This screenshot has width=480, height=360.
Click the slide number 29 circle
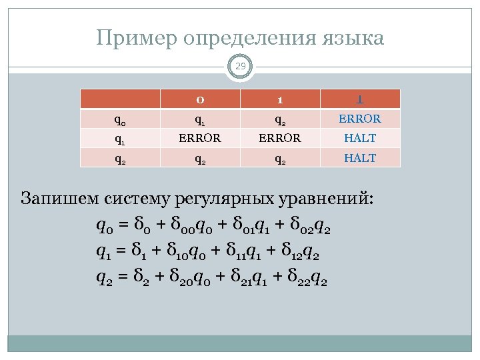(x=240, y=67)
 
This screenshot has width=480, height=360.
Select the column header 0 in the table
(x=200, y=99)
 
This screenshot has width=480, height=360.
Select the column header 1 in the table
(x=280, y=99)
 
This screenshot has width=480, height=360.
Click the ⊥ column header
(x=360, y=99)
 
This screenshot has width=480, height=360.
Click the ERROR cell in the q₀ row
(x=360, y=119)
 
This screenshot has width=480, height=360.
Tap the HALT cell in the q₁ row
(x=360, y=139)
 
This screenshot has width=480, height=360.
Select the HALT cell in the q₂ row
(x=360, y=158)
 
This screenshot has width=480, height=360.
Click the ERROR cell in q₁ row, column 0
(x=200, y=139)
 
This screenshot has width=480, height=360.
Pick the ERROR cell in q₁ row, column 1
(x=280, y=139)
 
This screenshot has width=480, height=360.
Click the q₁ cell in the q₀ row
(x=200, y=120)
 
